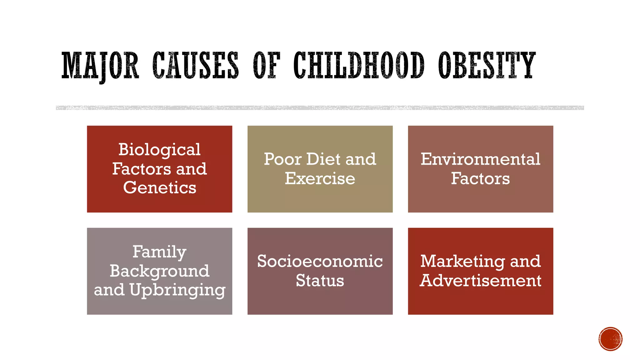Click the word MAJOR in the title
[100, 65]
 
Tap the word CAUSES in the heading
[196, 65]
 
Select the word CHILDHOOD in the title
[359, 65]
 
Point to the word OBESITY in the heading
[487, 65]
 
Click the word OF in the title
[266, 65]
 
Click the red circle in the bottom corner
[610, 339]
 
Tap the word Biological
[159, 150]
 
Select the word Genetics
[159, 188]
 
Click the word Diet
[323, 159]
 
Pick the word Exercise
[320, 178]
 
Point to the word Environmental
[480, 159]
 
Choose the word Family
[159, 252]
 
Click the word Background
[159, 271]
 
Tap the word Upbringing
[177, 290]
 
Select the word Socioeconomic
[320, 261]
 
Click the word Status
[320, 281]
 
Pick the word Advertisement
[480, 281]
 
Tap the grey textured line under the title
[320, 108]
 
